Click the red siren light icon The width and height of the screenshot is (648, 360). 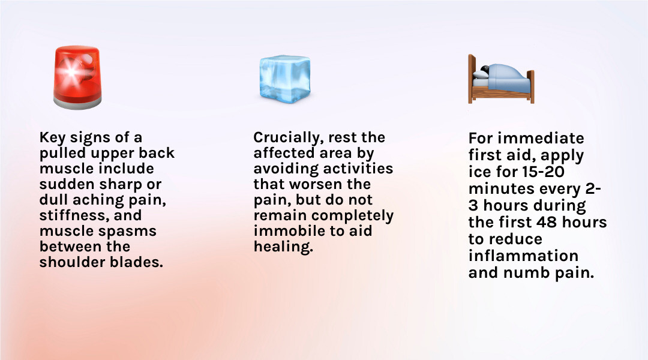tap(77, 75)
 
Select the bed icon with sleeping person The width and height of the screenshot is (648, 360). tap(501, 78)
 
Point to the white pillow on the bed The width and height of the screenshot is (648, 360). tap(481, 74)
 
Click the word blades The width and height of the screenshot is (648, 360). tap(137, 262)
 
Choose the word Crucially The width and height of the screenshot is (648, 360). tap(287, 137)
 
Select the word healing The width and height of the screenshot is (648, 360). tap(283, 247)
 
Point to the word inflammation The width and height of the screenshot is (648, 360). tap(523, 256)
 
